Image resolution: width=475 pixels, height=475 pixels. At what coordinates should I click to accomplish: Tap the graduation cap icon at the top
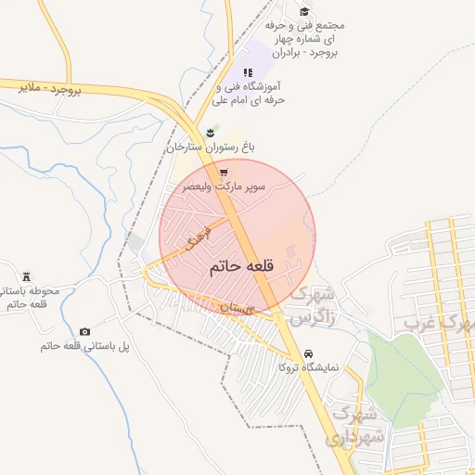[304, 11]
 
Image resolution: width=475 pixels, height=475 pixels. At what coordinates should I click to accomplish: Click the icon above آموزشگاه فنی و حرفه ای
[247, 72]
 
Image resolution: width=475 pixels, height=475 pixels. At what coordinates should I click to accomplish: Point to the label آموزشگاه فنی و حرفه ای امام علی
[247, 93]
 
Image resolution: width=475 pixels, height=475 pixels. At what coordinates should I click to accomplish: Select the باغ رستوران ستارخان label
[211, 148]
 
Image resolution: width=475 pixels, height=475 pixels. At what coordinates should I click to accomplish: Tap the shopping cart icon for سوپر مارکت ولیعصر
[224, 173]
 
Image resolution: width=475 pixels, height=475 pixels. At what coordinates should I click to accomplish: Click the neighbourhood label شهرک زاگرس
[312, 306]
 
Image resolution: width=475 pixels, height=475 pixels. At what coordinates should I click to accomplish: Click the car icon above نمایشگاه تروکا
[309, 354]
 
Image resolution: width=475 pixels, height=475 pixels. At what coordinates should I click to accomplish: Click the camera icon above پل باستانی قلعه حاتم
[85, 332]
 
